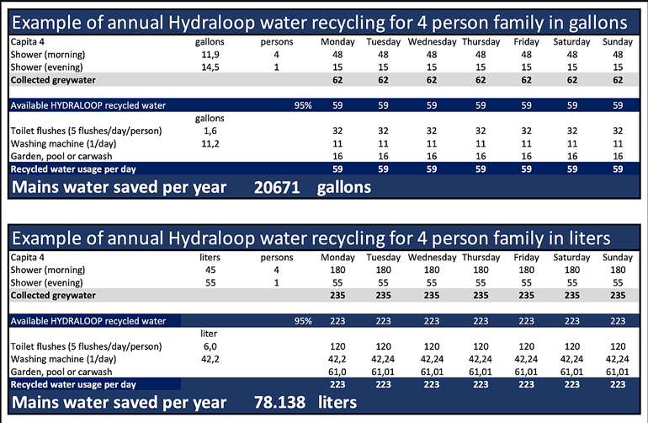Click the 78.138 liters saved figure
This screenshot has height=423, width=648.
tap(283, 402)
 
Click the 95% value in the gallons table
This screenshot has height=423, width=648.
tap(303, 105)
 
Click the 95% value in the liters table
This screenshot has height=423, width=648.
tap(303, 320)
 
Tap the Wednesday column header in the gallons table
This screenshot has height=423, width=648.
tap(432, 40)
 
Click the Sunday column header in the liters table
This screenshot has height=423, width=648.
tap(618, 256)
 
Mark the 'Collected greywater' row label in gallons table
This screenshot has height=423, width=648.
tap(52, 79)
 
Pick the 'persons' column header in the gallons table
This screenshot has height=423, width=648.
tap(277, 40)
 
